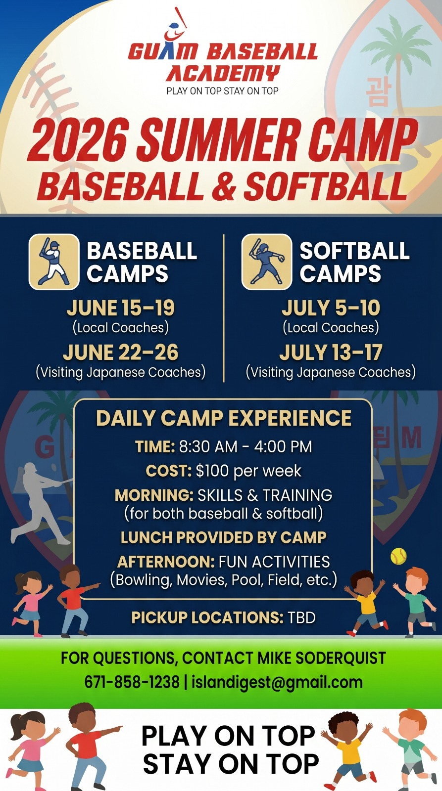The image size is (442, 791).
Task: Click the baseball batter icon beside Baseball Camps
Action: [x=54, y=262]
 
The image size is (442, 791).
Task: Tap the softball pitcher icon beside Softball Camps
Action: [x=267, y=262]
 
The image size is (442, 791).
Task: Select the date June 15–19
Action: [x=121, y=308]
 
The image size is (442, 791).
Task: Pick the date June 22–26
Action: [x=121, y=352]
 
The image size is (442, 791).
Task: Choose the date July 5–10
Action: [x=331, y=308]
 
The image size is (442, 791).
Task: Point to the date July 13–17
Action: [x=331, y=352]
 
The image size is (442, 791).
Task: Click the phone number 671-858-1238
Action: [x=132, y=682]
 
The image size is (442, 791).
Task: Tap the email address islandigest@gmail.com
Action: [x=277, y=682]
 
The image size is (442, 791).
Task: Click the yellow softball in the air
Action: [x=398, y=556]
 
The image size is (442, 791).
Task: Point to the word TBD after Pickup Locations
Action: [x=301, y=617]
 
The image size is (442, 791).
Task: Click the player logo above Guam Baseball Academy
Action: [x=175, y=25]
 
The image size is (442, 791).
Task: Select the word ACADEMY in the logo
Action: [x=223, y=74]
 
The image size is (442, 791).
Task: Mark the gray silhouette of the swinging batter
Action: [x=41, y=503]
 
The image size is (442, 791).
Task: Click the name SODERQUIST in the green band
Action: [x=341, y=658]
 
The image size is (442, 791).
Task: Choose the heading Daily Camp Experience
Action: [x=224, y=418]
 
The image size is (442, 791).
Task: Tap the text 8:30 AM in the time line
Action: [x=208, y=447]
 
